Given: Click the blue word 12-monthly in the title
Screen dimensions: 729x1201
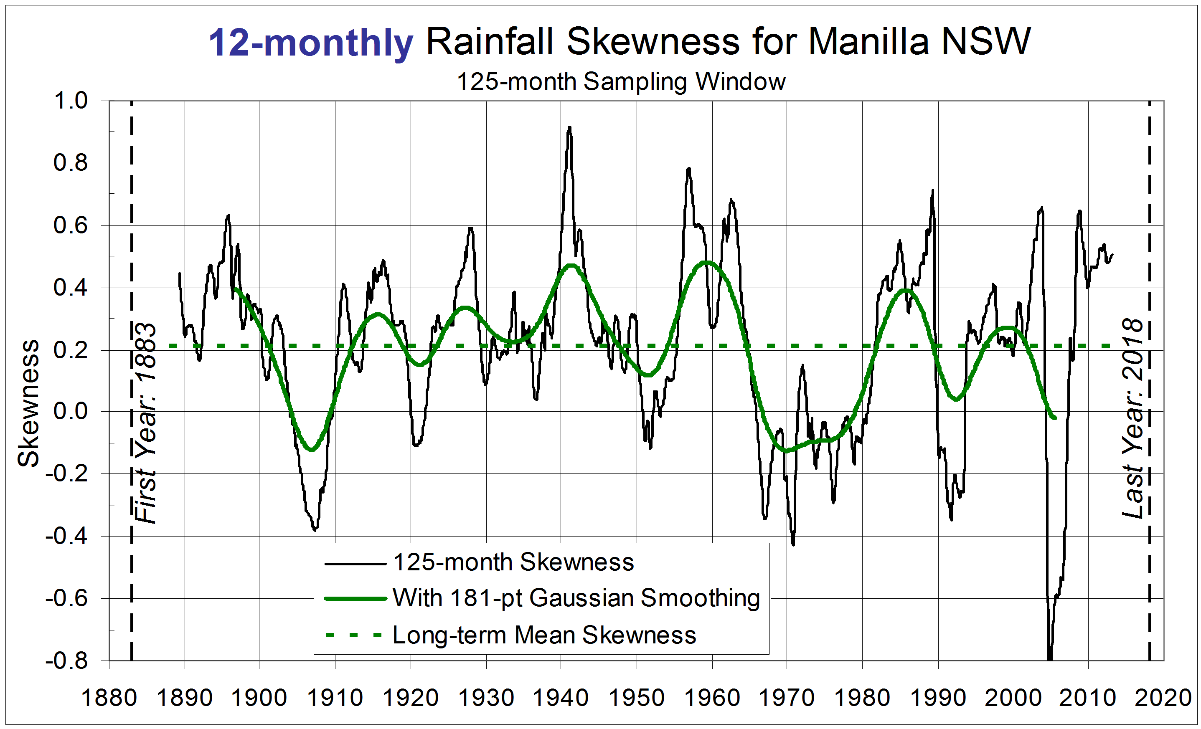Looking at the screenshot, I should click(310, 43).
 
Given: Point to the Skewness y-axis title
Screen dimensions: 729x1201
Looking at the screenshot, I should click(28, 403).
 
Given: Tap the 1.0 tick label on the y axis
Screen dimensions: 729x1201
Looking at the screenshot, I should click(71, 101).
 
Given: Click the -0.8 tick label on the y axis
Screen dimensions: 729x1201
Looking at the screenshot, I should click(67, 661).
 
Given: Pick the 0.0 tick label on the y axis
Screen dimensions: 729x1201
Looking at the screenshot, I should click(71, 412).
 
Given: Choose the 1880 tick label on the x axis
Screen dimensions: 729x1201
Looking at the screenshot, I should click(109, 698).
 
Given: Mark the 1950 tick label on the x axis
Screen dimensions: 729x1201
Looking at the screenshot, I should click(637, 698).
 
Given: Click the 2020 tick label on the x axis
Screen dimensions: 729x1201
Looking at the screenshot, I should click(1163, 698).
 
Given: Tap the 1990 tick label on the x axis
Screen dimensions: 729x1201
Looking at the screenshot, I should click(938, 698).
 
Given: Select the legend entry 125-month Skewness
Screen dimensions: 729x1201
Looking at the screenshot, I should click(513, 562).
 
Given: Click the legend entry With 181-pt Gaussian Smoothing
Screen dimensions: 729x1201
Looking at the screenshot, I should click(576, 598).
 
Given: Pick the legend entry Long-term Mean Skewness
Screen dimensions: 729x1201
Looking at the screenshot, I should click(544, 635).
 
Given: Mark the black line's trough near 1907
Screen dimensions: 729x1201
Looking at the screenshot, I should click(315, 529).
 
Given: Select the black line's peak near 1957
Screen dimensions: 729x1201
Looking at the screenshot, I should click(688, 169).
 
